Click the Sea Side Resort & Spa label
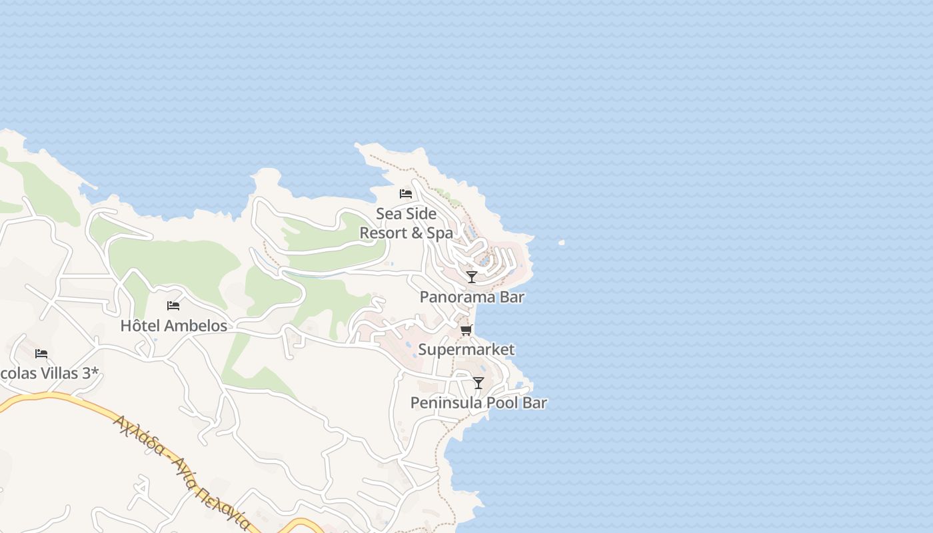[407, 223]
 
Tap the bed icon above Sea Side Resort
[406, 194]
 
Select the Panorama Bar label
[472, 297]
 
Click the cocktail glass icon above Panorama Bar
[472, 276]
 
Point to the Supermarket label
[467, 350]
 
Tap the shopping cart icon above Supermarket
[467, 330]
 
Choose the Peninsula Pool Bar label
[478, 402]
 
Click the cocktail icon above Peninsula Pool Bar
[478, 382]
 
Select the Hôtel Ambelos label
[174, 326]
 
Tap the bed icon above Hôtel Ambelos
[173, 306]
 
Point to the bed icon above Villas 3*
[41, 353]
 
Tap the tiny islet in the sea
[562, 243]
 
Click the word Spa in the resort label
[440, 233]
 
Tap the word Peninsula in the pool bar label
[442, 402]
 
